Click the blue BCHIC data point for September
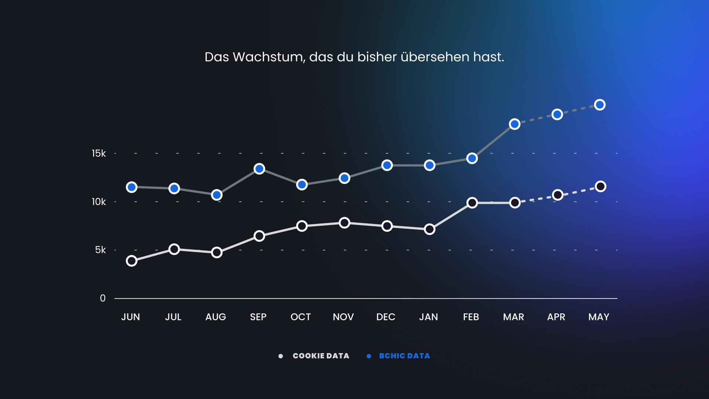pos(259,169)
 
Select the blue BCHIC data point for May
pos(600,105)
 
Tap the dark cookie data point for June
pos(131,261)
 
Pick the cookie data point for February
pos(472,203)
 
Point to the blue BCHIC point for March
pos(514,124)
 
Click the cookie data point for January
pos(429,229)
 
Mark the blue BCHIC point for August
pos(217,195)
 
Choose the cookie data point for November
pos(344,223)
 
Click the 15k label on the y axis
pos(99,153)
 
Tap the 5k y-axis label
pos(100,250)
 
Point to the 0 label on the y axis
pos(103,298)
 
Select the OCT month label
pos(301,317)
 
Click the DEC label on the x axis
pos(386,317)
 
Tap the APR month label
pos(556,317)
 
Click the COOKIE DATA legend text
pos(321,356)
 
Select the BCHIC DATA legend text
pos(404,356)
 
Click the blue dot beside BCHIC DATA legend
pos(369,356)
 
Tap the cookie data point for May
pos(600,187)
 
